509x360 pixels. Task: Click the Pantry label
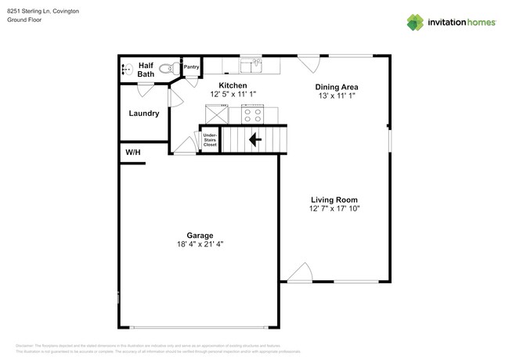[x=191, y=67]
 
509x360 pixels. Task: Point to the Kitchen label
[x=233, y=85]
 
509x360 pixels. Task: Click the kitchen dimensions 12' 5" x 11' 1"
[x=233, y=94]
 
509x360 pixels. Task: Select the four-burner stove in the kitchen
[x=252, y=114]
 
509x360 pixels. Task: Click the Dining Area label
[x=336, y=87]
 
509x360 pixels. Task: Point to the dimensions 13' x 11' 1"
[x=336, y=95]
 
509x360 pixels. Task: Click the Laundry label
[x=144, y=113]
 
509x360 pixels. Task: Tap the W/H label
[x=133, y=152]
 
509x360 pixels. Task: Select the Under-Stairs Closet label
[x=210, y=139]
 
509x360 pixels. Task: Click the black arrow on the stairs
[x=254, y=139]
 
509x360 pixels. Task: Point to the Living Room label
[x=334, y=200]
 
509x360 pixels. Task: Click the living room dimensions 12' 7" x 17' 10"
[x=334, y=208]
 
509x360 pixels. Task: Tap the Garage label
[x=199, y=236]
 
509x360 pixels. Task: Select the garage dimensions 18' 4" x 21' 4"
[x=199, y=244]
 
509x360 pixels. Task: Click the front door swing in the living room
[x=300, y=271]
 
